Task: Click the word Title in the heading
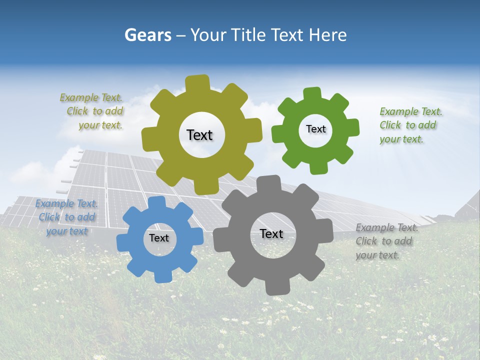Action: click(248, 35)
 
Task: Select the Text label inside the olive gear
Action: click(199, 135)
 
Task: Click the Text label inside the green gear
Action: click(315, 129)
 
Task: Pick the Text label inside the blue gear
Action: click(159, 238)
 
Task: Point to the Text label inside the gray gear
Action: click(271, 233)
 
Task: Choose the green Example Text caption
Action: click(410, 125)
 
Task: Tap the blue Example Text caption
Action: click(66, 217)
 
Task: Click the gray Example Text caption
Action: click(386, 241)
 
